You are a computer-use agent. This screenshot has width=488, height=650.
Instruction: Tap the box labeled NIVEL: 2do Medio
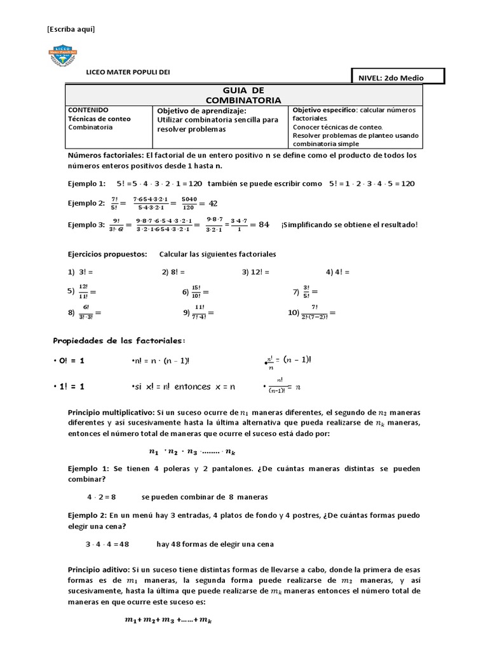coord(398,77)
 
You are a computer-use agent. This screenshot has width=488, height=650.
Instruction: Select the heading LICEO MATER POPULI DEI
coord(128,72)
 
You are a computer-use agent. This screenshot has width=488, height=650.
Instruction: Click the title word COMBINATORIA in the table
coord(244,100)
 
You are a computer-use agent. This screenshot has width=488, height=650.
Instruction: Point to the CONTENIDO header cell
coord(88,110)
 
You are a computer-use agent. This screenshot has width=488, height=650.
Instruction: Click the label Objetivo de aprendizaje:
coord(196,110)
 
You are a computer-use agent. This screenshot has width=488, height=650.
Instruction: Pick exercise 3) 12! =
coord(255,272)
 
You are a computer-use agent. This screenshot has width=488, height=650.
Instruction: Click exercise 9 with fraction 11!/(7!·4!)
coord(198,313)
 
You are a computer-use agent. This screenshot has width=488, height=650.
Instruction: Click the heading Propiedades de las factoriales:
coord(119,341)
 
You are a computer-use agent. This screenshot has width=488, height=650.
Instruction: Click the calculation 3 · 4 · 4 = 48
coord(107,545)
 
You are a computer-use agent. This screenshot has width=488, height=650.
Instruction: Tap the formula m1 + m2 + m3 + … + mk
coord(168,621)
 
